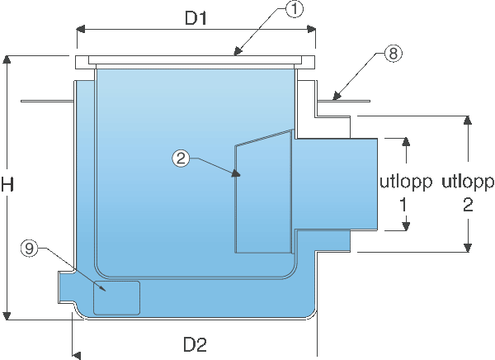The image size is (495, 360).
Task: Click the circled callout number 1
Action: (x=295, y=9)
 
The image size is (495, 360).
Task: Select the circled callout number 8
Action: (x=394, y=53)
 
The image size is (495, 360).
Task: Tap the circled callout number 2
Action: (x=181, y=158)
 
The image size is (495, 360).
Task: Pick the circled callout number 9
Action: (x=30, y=248)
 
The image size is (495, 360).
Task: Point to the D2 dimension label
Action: (x=195, y=344)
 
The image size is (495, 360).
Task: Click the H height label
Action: (x=7, y=184)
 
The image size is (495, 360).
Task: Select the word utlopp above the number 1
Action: (x=406, y=183)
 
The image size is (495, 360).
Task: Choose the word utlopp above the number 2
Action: (x=468, y=183)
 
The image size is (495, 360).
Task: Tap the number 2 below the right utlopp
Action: (x=468, y=205)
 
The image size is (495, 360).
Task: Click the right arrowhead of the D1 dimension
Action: (x=311, y=30)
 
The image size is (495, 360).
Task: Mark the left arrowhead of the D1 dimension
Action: (x=81, y=30)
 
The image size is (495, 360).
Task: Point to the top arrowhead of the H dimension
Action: (x=7, y=59)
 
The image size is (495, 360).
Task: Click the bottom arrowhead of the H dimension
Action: (x=7, y=315)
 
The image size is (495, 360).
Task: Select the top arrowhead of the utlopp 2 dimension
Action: (x=468, y=120)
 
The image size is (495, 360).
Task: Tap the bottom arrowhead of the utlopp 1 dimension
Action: (x=406, y=226)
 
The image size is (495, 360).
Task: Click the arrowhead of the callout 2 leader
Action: (x=236, y=173)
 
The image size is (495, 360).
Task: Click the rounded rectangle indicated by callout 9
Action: (x=116, y=298)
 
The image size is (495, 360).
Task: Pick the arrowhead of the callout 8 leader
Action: (x=337, y=96)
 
